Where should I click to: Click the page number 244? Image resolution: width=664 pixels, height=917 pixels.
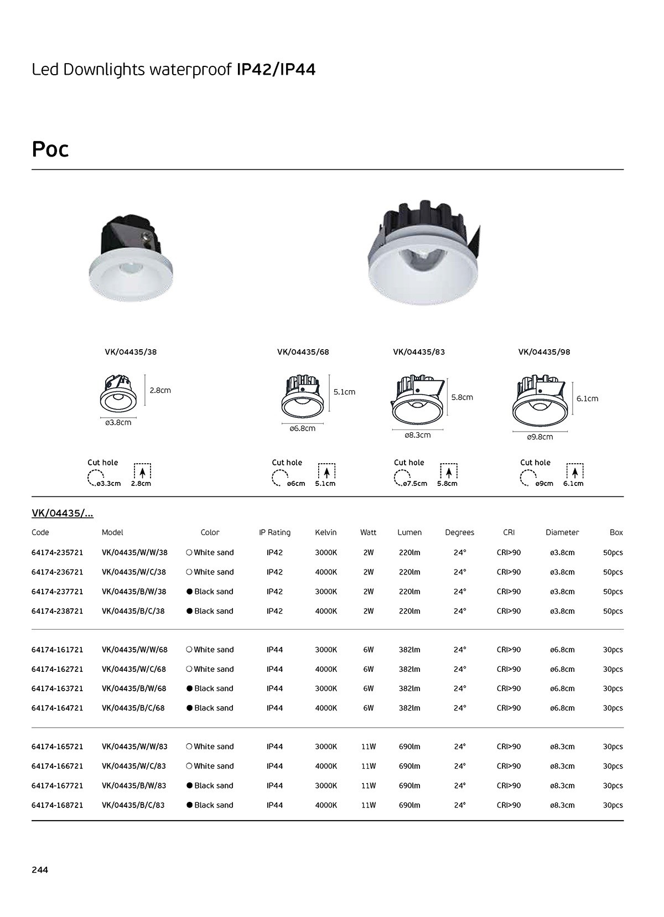[40, 869]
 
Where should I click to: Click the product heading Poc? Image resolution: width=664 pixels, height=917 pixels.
[50, 149]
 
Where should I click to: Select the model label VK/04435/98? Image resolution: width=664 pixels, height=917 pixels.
[544, 352]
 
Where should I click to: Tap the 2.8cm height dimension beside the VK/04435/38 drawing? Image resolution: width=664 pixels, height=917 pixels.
[160, 390]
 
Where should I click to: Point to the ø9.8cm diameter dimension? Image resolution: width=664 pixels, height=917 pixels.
[539, 437]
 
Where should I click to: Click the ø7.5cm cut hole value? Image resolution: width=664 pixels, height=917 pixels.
[414, 483]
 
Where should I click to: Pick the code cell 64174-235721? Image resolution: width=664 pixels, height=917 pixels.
[58, 552]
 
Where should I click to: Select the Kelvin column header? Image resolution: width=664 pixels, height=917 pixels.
[325, 532]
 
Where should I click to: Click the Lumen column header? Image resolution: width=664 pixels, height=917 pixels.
[409, 532]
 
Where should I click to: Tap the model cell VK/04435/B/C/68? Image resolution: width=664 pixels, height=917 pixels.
[134, 708]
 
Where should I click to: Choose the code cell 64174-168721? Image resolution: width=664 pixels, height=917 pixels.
[58, 805]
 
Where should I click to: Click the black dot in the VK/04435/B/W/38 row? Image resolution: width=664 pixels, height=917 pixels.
[189, 592]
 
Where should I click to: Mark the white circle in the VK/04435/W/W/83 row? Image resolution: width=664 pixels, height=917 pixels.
[189, 747]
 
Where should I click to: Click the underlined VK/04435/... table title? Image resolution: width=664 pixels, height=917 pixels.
[63, 514]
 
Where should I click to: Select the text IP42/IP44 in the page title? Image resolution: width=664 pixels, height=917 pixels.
[276, 70]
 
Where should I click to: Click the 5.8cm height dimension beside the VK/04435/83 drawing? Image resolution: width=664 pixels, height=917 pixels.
[462, 397]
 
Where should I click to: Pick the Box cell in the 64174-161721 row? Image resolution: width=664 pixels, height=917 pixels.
[613, 650]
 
